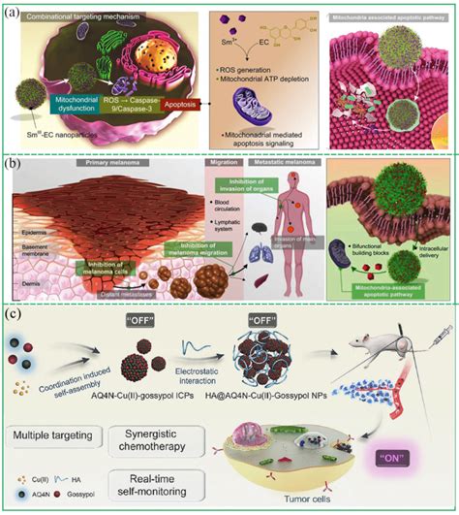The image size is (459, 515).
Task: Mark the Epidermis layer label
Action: (30, 234)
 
